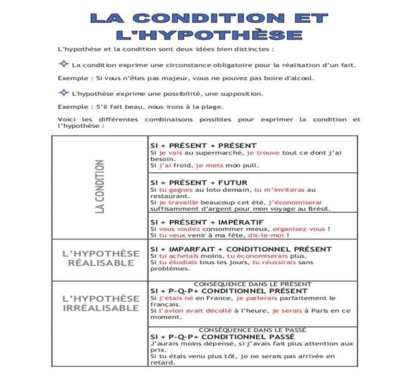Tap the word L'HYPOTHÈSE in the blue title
(208, 34)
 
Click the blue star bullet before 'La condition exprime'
(64, 64)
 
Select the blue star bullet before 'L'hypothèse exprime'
(64, 93)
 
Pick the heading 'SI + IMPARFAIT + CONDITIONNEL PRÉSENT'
(241, 249)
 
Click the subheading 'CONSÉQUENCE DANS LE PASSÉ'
(252, 329)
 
